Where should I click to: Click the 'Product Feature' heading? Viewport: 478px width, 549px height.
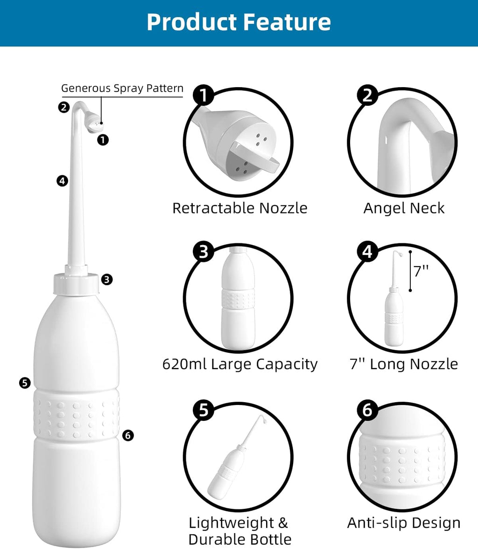pos(239,22)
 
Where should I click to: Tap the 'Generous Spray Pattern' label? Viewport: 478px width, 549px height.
pos(122,88)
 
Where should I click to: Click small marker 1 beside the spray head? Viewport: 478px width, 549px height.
pos(103,139)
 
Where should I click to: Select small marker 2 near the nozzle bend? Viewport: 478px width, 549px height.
pos(64,107)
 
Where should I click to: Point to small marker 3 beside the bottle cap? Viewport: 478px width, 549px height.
pos(107,280)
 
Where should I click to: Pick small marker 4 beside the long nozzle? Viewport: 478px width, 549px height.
pos(62,180)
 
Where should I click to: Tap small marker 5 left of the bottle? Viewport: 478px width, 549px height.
pos(25,383)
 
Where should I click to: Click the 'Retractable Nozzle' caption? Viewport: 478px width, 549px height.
pos(240,208)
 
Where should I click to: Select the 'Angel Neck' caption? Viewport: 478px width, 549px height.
pos(404,208)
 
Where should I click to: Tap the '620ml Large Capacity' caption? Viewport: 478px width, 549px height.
pos(240,364)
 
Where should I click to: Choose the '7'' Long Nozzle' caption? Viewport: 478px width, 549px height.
pos(404,364)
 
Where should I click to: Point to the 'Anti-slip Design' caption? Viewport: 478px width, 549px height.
pos(404,523)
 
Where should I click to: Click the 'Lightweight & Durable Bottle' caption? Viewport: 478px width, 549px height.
pos(240,531)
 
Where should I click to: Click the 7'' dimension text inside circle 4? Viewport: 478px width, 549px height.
pos(421,270)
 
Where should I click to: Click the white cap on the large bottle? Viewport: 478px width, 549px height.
pos(77,283)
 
